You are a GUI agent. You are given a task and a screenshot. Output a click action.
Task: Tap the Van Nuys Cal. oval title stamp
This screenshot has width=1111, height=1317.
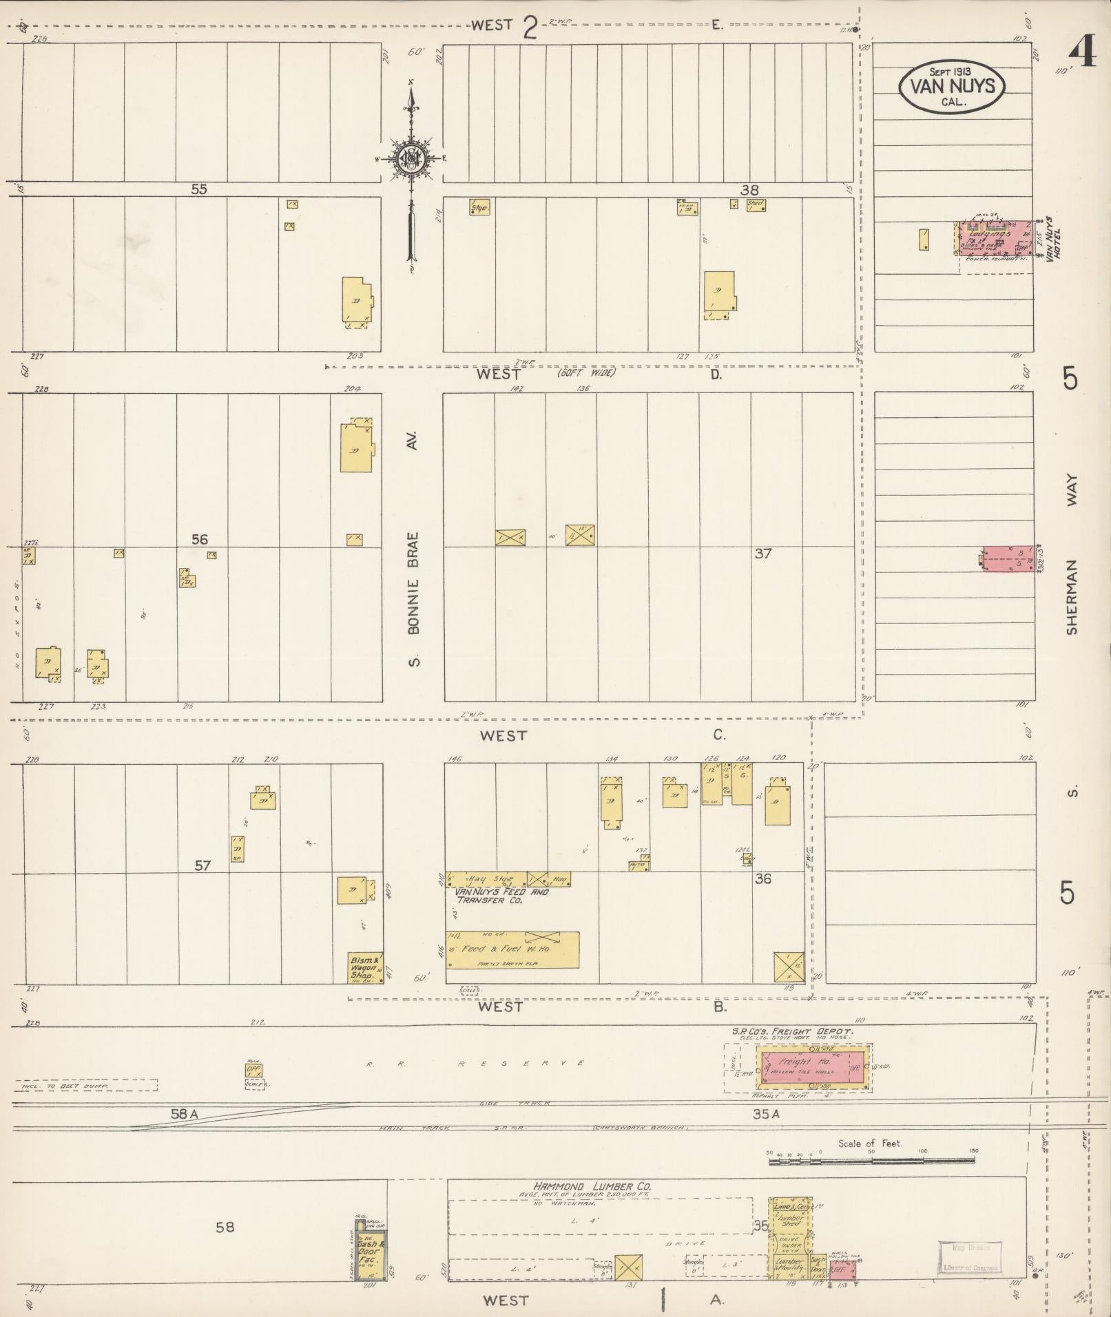coord(951,86)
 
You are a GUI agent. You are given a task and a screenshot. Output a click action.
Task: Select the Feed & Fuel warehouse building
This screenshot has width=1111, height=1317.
coord(512,950)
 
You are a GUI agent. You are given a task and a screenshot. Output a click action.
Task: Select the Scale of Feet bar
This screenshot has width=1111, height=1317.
coord(871,1161)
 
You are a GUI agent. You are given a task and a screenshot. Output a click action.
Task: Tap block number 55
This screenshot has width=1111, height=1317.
coord(198,189)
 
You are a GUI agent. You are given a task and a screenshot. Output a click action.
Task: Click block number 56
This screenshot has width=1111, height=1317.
coord(199,539)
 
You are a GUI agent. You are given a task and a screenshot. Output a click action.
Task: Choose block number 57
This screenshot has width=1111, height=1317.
coord(202,865)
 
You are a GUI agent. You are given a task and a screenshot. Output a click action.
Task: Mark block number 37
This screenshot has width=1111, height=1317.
coord(762,553)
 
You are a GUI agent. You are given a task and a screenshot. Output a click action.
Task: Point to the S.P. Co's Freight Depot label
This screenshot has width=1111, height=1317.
coord(793,1031)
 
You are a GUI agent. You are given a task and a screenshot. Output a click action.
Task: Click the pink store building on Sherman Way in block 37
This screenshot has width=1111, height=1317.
coord(1008,559)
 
